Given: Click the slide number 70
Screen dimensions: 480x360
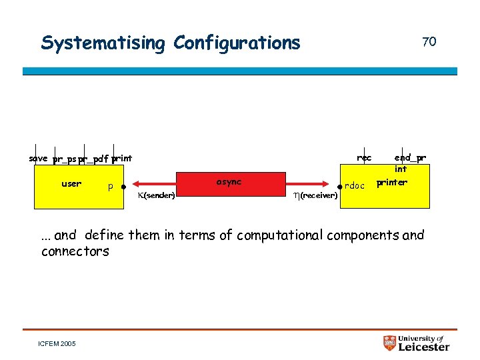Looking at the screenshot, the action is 429,42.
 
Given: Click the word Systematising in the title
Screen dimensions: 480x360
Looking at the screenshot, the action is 103,43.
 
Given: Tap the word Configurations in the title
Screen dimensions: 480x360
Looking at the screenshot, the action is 237,43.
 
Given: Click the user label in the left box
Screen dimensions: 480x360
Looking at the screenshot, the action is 71,183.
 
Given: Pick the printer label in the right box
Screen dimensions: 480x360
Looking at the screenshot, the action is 391,182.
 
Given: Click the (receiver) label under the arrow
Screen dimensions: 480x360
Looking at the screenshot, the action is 315,195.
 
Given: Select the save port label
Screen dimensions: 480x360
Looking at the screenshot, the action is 39,159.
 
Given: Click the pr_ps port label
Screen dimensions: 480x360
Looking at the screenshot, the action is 65,159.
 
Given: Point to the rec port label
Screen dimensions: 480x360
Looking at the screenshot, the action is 364,158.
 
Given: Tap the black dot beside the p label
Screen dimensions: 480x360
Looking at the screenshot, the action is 125,187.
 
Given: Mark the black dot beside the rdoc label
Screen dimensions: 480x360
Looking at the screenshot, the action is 340,187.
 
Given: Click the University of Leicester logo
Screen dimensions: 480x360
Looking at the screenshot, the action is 416,343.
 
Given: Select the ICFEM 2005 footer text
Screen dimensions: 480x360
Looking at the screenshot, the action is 58,344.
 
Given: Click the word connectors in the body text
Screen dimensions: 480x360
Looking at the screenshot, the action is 75,251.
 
